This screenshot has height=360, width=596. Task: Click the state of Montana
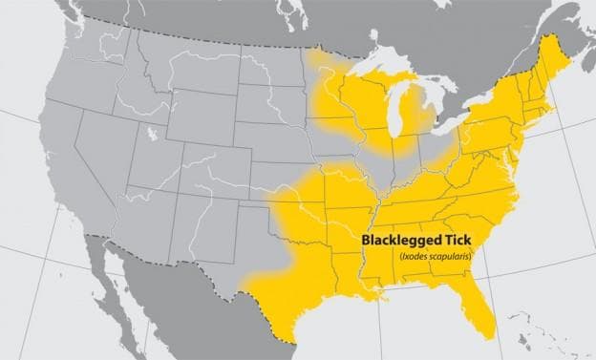tap(172, 67)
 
